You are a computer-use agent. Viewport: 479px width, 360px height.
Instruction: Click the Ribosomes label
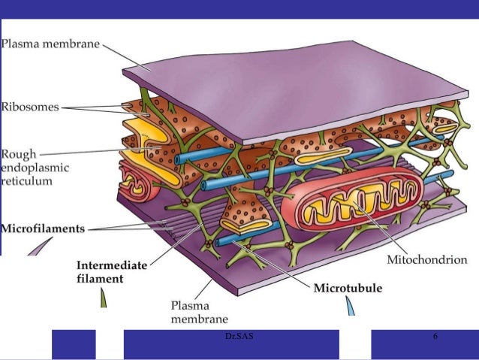[x=29, y=107]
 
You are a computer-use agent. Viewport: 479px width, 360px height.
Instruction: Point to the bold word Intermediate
[x=112, y=265]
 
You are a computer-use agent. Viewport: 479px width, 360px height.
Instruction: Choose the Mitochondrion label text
[x=427, y=260]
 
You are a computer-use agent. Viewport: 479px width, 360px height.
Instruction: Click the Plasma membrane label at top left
[x=50, y=43]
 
